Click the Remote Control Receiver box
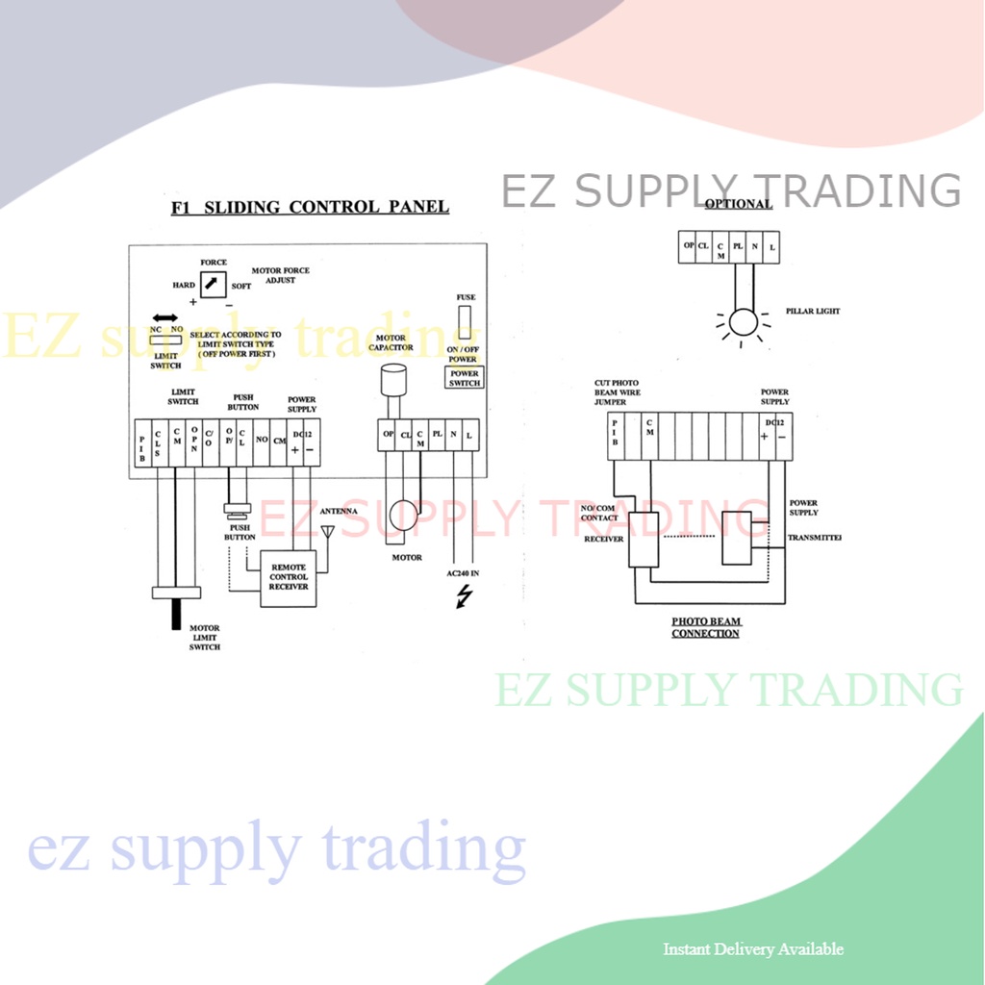289,577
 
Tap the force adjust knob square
213,284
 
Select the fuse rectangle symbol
465,321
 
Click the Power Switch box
464,377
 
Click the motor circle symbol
403,516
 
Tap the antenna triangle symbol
327,531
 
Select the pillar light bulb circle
743,322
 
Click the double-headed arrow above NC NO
165,317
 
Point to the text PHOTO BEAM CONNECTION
706,627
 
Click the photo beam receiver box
643,539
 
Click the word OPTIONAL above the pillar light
738,204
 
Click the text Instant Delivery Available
753,949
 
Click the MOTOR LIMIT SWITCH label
204,638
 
